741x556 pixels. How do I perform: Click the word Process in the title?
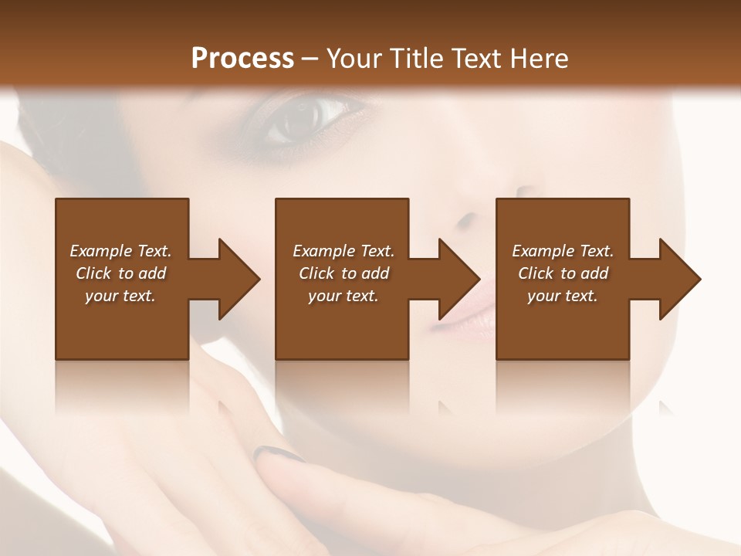[x=242, y=58]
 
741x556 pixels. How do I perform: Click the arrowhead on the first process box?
[x=238, y=279]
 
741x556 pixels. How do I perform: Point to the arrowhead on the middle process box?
[x=458, y=279]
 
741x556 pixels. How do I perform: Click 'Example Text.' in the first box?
[x=120, y=251]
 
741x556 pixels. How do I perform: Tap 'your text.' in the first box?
[x=120, y=296]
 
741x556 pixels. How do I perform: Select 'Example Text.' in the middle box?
[x=343, y=251]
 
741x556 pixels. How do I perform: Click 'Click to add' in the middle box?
[x=343, y=273]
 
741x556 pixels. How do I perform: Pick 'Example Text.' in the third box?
[x=563, y=251]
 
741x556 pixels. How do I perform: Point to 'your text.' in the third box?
[x=563, y=296]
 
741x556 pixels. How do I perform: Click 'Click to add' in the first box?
[x=120, y=273]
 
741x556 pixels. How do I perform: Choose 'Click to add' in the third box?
[x=563, y=273]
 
